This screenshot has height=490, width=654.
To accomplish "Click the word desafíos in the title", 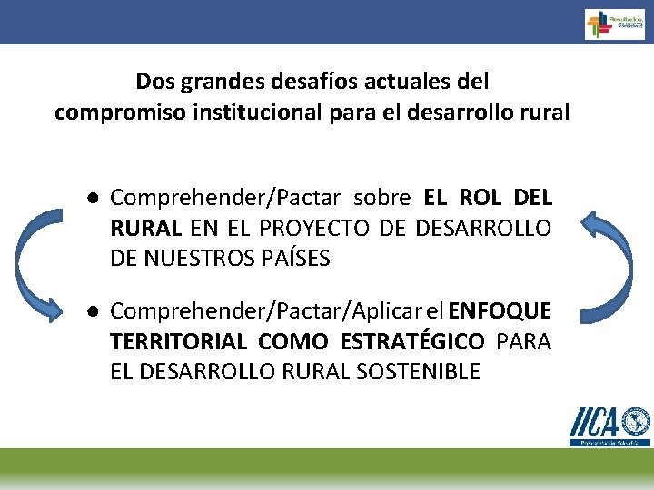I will (x=312, y=82).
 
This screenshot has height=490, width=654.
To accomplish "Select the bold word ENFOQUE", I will (x=500, y=312).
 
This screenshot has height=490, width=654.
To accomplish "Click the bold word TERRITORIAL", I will (x=178, y=342).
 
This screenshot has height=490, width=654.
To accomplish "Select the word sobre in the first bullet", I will (x=382, y=198).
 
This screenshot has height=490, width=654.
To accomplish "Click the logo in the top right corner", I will (x=614, y=24).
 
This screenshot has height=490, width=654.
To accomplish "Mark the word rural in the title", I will (x=547, y=113).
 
